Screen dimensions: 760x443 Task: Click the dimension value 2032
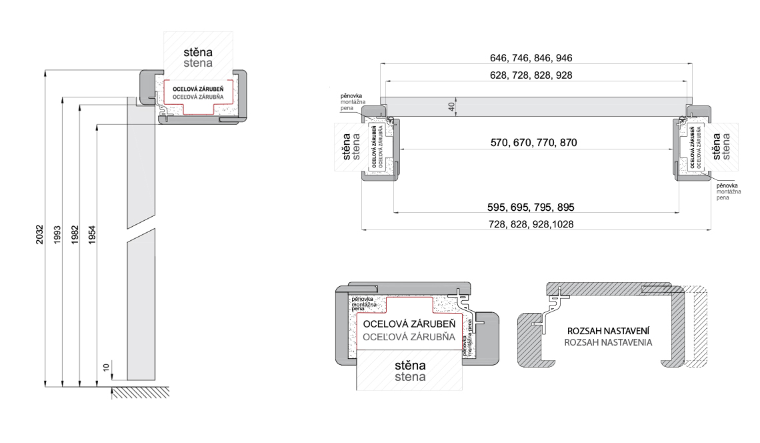click(40, 234)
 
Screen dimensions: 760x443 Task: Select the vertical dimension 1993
click(57, 235)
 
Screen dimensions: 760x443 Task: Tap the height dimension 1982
click(75, 235)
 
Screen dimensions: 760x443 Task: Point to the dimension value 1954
click(92, 235)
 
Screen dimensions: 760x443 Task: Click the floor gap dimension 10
click(106, 368)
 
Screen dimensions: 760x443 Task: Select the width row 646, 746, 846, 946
click(531, 58)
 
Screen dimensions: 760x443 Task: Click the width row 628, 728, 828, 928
click(531, 75)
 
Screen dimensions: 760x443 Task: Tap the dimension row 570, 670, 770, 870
click(533, 143)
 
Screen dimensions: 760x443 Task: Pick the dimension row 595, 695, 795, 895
click(531, 207)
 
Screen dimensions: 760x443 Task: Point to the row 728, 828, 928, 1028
click(531, 224)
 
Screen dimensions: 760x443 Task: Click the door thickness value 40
click(452, 106)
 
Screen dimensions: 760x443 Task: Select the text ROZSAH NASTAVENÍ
click(608, 331)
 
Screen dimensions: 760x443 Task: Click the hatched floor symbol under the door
click(141, 392)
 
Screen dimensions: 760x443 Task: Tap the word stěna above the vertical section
click(198, 52)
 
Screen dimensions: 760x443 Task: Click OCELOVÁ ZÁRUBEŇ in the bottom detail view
click(409, 324)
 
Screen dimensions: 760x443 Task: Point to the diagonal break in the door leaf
click(141, 227)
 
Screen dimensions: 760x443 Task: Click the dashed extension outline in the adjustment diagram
click(697, 326)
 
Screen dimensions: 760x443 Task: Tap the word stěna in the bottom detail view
click(410, 366)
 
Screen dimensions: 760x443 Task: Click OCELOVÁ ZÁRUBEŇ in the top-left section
click(198, 89)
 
